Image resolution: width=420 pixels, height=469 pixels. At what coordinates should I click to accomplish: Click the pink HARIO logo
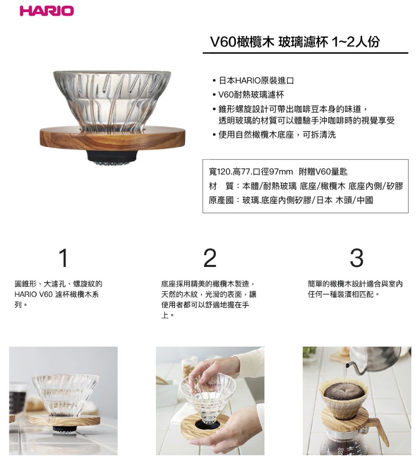[47, 11]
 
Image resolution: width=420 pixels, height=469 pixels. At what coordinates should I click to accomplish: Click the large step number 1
[63, 258]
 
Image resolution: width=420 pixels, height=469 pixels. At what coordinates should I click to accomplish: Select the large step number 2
[210, 258]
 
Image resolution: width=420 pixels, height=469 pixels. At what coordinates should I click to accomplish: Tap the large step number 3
[357, 258]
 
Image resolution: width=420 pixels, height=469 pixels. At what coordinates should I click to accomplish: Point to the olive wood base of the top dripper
[113, 138]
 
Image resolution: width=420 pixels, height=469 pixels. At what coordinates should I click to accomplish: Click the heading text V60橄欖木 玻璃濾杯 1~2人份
[295, 42]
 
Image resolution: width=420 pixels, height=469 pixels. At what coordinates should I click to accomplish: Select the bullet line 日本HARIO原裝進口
[256, 81]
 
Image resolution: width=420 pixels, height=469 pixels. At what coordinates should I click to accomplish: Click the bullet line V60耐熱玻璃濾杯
[251, 95]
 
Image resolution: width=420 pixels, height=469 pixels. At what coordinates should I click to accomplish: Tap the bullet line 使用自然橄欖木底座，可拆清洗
[277, 134]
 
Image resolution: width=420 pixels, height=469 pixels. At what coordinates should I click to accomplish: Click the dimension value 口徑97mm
[273, 172]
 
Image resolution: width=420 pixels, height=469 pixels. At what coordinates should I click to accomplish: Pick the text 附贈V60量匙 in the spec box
[323, 172]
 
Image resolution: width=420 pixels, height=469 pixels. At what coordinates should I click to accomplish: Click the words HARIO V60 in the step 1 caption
[34, 294]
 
